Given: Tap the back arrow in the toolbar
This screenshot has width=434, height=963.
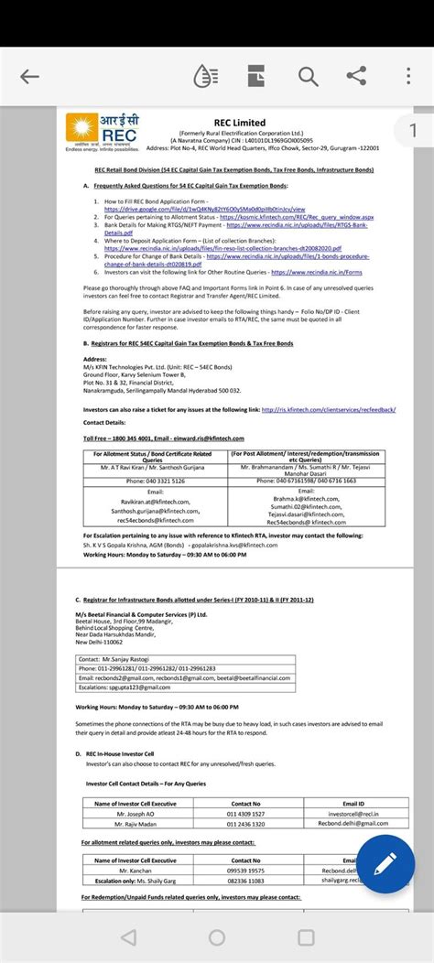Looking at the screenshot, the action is click(x=29, y=77).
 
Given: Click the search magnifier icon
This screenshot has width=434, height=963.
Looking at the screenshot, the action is click(x=308, y=77).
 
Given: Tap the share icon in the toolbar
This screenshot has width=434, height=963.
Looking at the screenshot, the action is click(x=358, y=77).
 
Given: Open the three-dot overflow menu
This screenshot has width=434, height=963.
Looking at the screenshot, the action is click(x=406, y=77).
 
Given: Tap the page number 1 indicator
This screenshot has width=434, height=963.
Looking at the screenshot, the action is click(x=413, y=131).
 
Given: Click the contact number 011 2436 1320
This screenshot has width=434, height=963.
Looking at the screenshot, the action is click(x=245, y=823).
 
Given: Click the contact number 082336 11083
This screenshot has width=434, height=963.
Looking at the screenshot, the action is click(x=245, y=880).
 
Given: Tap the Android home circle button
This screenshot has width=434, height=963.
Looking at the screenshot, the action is click(x=216, y=936).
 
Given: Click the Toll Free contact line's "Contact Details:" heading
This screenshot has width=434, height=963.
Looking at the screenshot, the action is click(x=106, y=423).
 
